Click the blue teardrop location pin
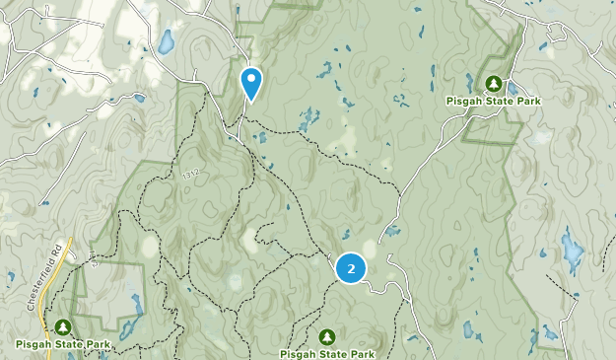coord(251,82)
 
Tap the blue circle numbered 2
coord(351,268)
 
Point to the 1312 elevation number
coord(190,175)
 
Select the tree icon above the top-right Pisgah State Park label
coord(496,84)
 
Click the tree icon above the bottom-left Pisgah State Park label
coord(63,326)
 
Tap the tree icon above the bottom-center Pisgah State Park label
coord(327,337)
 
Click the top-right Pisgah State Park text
coord(496,101)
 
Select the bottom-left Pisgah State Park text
coord(63,343)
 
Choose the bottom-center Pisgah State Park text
coord(327,353)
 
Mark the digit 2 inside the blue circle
coord(351,268)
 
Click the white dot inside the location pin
coord(251,77)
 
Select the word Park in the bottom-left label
coord(96,343)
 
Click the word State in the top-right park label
coord(500,101)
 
